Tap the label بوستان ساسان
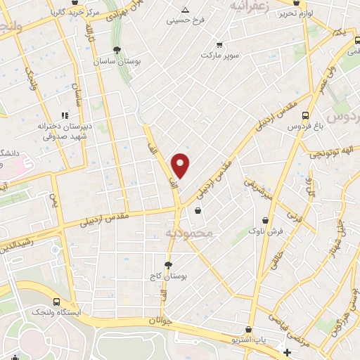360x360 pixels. (x=117, y=62)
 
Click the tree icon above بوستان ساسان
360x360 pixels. (x=117, y=50)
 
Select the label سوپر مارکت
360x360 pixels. (x=220, y=54)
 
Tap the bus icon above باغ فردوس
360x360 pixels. (x=304, y=115)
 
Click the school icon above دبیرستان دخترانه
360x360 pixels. (x=64, y=115)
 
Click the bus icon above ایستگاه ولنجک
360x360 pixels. (x=56, y=299)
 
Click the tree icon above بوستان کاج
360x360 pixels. (x=167, y=265)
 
